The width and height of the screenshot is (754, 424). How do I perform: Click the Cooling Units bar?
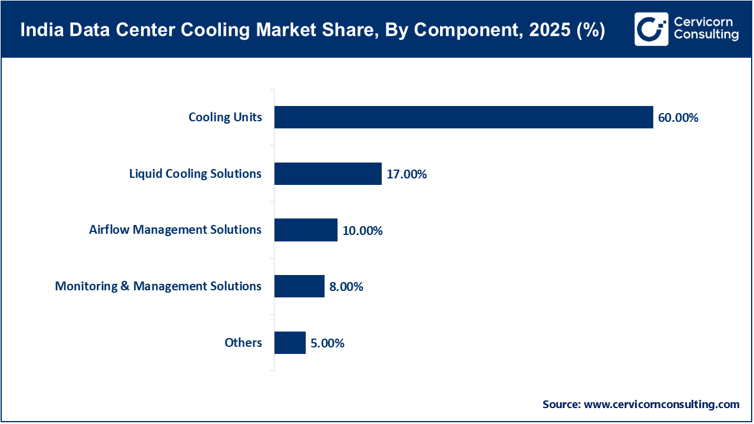(464, 117)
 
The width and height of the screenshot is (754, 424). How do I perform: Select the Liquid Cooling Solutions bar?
(328, 174)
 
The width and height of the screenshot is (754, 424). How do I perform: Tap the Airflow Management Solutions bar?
(306, 230)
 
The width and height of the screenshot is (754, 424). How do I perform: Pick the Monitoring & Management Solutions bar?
(299, 286)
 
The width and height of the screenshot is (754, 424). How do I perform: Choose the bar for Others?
(290, 343)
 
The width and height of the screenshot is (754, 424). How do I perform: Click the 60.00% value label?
(678, 118)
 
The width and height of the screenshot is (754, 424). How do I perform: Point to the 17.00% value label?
(406, 174)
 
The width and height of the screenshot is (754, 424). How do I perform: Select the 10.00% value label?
(362, 230)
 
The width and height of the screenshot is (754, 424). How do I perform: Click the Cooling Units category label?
(225, 117)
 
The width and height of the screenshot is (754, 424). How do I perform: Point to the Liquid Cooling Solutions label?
(195, 174)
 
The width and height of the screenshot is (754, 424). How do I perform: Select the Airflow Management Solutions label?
(175, 230)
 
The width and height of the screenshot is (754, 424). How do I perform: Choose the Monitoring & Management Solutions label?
(158, 286)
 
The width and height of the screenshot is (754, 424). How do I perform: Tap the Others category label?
(243, 343)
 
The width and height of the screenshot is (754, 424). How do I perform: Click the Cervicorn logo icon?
(651, 29)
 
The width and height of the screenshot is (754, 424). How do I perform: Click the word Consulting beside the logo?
(706, 35)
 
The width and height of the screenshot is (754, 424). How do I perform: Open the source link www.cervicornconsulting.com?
(662, 405)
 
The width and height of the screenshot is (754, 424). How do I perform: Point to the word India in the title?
(39, 31)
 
